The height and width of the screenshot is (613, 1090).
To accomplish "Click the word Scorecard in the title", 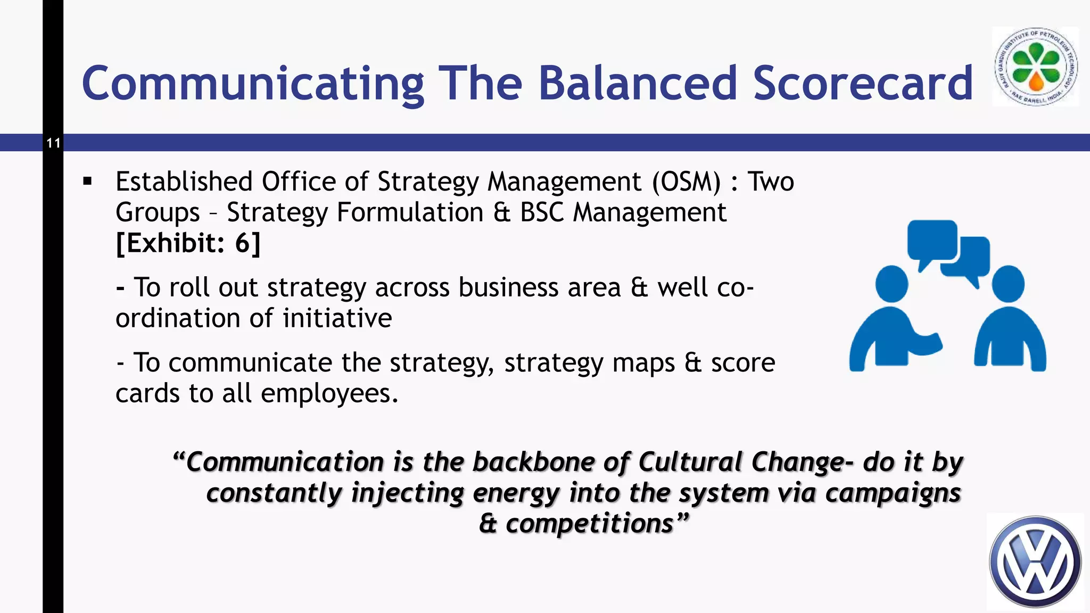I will [x=863, y=83].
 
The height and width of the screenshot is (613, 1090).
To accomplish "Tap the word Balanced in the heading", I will [x=637, y=83].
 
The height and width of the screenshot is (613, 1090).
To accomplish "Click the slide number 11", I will [x=53, y=143].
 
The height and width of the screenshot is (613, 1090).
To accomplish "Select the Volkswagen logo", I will [x=1035, y=562].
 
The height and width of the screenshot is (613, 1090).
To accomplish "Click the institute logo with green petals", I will [x=1035, y=67].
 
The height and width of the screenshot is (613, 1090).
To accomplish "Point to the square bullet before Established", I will [x=88, y=182].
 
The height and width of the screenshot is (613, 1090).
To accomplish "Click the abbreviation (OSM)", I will [x=687, y=182].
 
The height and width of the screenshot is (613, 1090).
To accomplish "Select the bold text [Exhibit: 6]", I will [x=188, y=243].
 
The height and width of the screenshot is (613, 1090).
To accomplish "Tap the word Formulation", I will [x=410, y=212].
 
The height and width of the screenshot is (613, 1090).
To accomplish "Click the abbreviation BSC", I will [x=541, y=212].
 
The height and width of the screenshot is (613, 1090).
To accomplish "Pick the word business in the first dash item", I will [x=509, y=287].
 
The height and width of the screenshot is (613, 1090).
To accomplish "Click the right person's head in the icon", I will [x=1008, y=284].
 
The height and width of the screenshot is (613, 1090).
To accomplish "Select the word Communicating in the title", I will [x=253, y=83].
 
